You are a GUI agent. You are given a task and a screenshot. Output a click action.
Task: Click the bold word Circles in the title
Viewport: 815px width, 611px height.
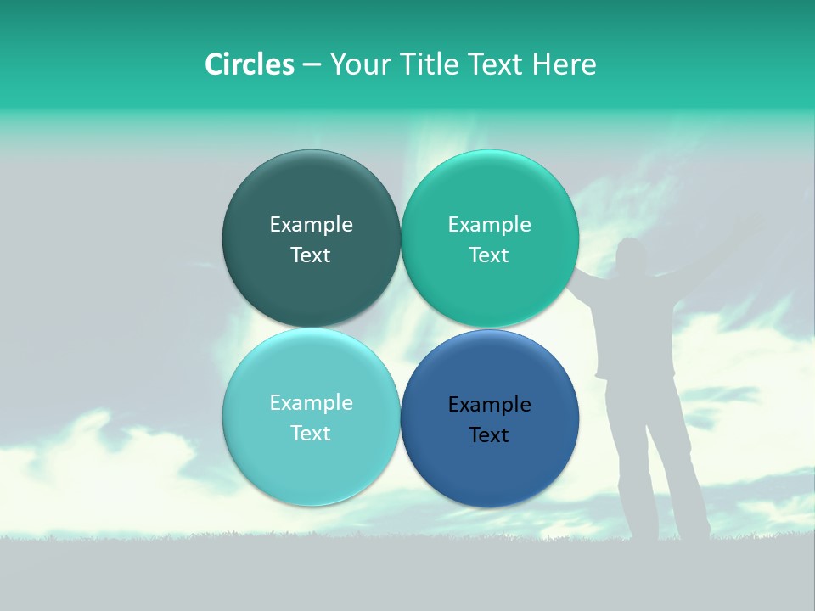(x=250, y=64)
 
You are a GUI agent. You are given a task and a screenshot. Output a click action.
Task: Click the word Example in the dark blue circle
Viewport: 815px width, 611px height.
(x=490, y=405)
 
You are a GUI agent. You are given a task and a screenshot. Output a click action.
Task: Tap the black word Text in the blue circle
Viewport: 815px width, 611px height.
(x=489, y=435)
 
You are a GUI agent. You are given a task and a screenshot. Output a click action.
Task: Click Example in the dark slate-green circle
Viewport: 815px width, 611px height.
(x=311, y=224)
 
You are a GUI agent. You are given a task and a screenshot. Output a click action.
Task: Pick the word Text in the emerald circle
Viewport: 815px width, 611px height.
(x=489, y=255)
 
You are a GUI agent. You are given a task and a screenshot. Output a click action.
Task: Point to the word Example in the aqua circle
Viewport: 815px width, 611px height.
(x=311, y=402)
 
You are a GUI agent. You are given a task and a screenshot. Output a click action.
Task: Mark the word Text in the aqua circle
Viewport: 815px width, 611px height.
(x=311, y=434)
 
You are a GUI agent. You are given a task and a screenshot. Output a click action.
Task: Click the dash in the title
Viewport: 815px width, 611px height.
(x=311, y=65)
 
